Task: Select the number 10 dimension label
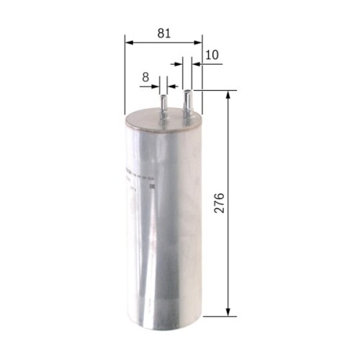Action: pyautogui.click(x=212, y=55)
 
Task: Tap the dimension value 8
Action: pyautogui.click(x=145, y=76)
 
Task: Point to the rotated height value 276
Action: pyautogui.click(x=220, y=204)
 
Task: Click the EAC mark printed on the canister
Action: pyautogui.click(x=151, y=189)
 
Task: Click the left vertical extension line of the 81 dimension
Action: pyautogui.click(x=125, y=72)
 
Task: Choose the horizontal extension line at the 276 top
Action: pyautogui.click(x=216, y=91)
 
